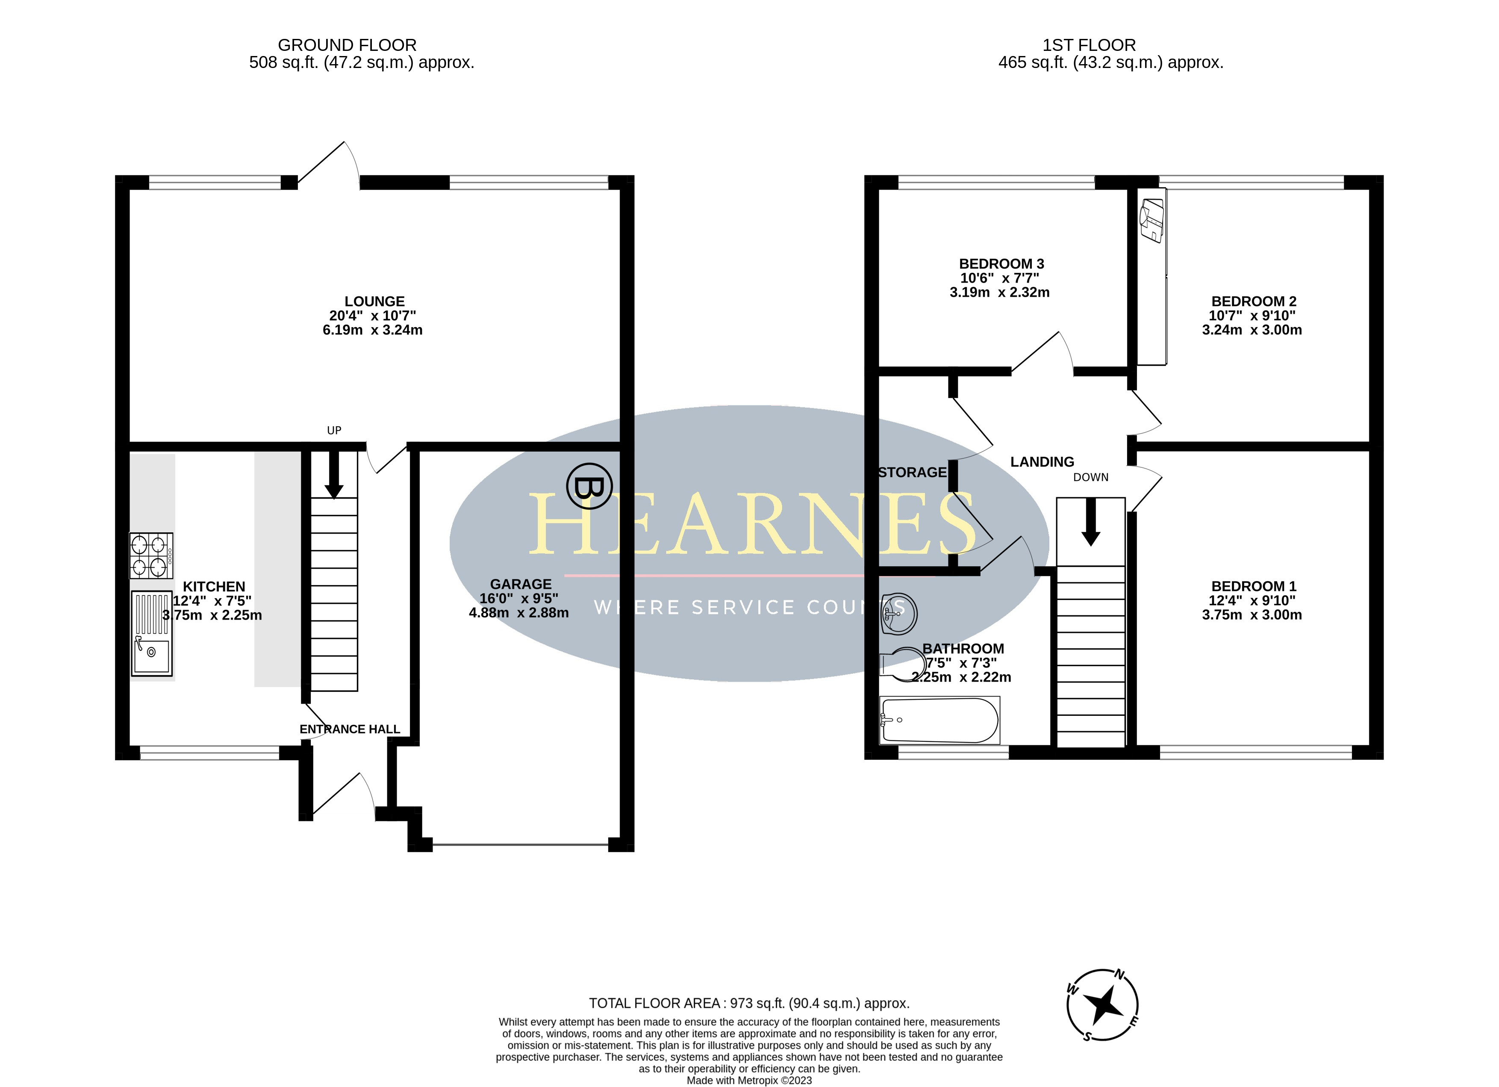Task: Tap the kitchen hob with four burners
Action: pyautogui.click(x=151, y=556)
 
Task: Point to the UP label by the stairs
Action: pyautogui.click(x=334, y=431)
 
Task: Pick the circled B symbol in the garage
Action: pyautogui.click(x=589, y=486)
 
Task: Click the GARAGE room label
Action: pyautogui.click(x=521, y=585)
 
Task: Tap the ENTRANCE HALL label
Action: pyautogui.click(x=350, y=729)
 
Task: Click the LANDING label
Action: pyautogui.click(x=1043, y=462)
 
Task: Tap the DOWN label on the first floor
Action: pyautogui.click(x=1090, y=477)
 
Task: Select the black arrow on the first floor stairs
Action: pyautogui.click(x=1090, y=522)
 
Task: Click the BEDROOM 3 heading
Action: pyautogui.click(x=1001, y=264)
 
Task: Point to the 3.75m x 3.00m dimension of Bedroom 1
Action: pyautogui.click(x=1252, y=615)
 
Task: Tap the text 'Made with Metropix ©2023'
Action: pyautogui.click(x=749, y=1081)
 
